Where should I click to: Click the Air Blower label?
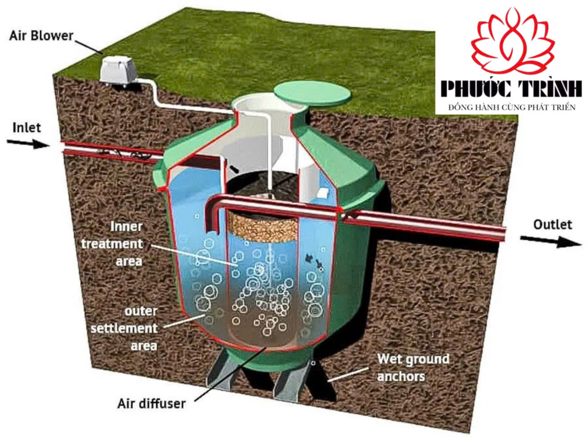pos(41,36)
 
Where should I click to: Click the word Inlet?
pos(27,128)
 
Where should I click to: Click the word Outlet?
pos(552,224)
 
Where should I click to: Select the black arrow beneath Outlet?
pos(551,241)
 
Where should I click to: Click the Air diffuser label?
pos(151,403)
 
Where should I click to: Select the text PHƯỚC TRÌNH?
pos(511,89)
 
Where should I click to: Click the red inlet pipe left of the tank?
pos(111,150)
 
